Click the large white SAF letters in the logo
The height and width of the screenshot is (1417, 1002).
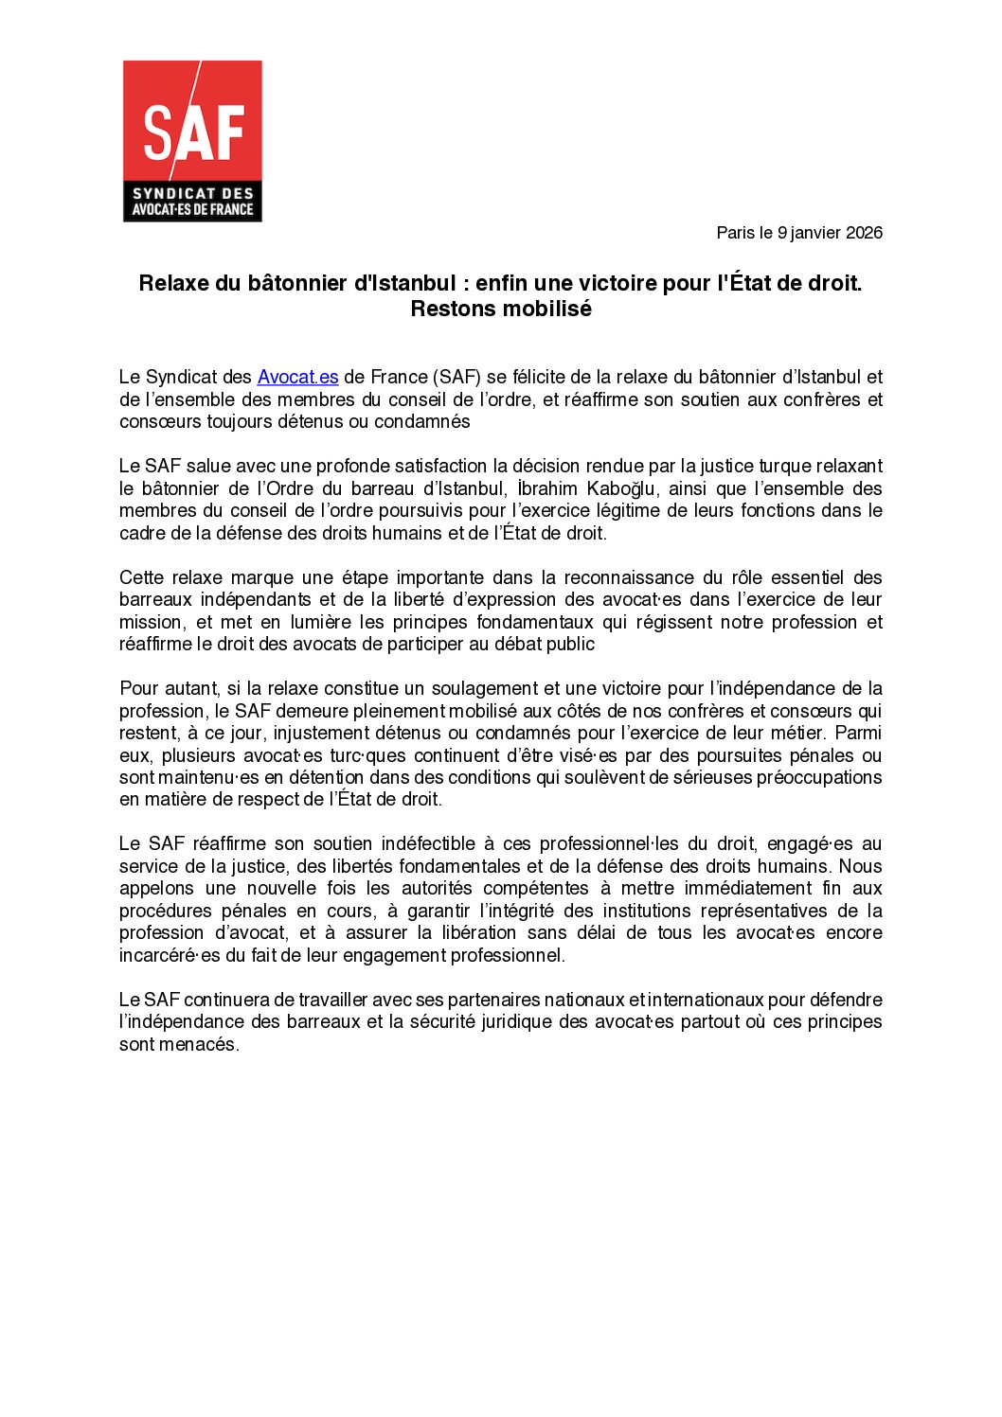[x=193, y=132]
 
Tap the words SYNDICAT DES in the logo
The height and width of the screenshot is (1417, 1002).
[x=193, y=193]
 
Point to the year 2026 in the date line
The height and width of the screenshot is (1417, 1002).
[x=864, y=233]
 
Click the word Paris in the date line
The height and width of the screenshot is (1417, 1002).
[x=735, y=233]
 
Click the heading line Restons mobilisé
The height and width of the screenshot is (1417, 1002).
[x=501, y=309]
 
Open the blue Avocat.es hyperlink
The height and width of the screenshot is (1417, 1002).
[x=297, y=377]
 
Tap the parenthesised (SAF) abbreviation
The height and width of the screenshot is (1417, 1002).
[x=457, y=377]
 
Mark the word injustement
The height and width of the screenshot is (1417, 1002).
[x=320, y=733]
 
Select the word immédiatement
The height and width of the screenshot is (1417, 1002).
[x=747, y=888]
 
